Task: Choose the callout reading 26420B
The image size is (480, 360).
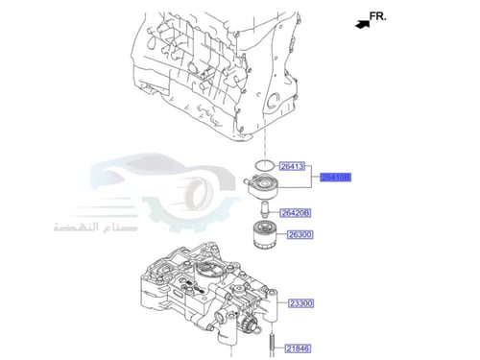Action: point(296,212)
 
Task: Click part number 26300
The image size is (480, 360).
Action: point(299,234)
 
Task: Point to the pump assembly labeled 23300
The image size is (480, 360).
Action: point(202,298)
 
